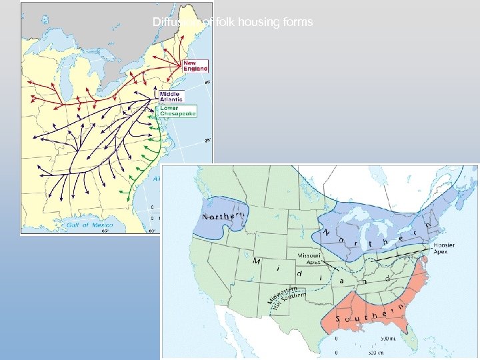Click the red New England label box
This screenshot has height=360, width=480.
[195, 65]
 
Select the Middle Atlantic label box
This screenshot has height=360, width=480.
[171, 97]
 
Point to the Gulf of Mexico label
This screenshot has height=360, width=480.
[91, 225]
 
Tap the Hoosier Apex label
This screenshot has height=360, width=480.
[443, 248]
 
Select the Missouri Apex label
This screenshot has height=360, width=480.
[310, 259]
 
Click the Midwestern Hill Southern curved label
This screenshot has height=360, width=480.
[288, 298]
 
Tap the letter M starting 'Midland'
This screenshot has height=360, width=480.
[256, 261]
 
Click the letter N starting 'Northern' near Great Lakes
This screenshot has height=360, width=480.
[327, 233]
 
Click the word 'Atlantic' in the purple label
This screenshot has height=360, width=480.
[171, 100]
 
